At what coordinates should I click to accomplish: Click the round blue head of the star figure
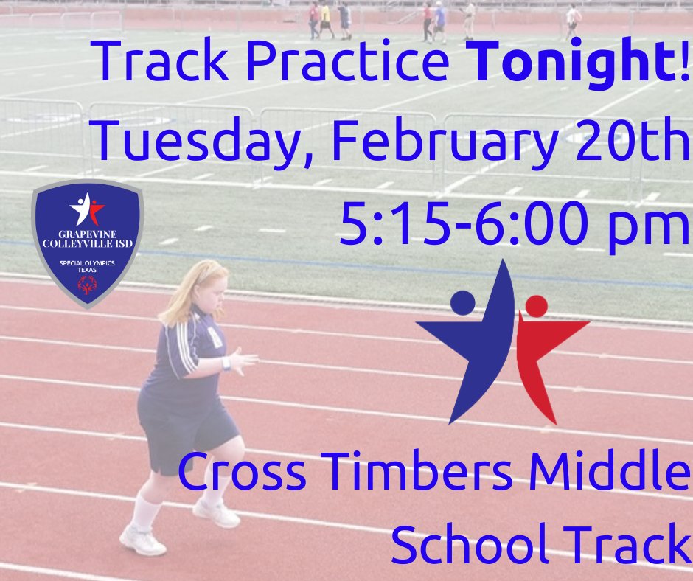click(463, 301)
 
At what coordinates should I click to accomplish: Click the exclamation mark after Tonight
click(686, 63)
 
